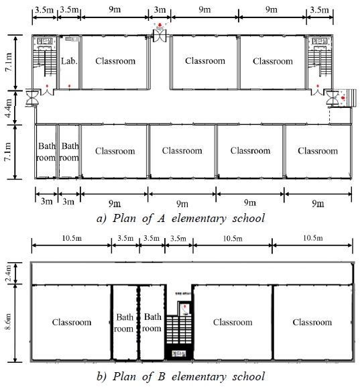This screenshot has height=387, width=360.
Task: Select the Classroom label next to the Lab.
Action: point(115,61)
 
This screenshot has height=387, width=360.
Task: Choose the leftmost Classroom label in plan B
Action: point(71,322)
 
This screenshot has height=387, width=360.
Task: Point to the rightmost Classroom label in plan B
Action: point(312,322)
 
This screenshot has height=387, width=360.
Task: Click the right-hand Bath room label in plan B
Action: point(152,322)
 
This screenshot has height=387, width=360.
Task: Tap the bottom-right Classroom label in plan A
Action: point(317,151)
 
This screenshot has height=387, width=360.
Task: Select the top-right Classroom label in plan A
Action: point(273,61)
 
